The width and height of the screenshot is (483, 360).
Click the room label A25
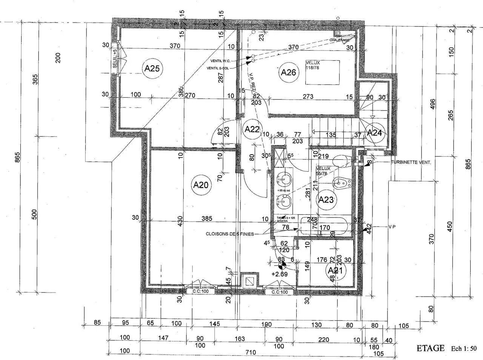coord(153,69)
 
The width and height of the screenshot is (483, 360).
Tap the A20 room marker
coord(201,185)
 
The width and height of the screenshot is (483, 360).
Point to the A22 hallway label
coord(252,129)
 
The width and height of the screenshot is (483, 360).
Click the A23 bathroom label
coord(326,200)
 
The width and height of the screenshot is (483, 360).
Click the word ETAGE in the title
coord(430,348)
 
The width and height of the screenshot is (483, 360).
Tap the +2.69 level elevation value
coord(280,274)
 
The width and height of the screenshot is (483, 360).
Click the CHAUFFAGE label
coord(339,40)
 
